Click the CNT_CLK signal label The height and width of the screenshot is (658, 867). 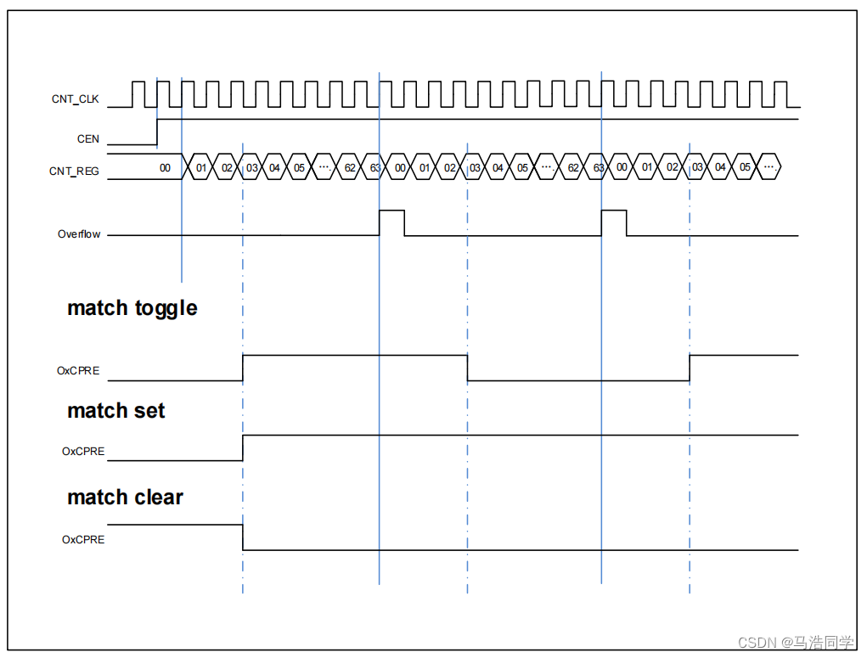pos(75,99)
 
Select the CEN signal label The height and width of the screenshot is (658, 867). pos(87,138)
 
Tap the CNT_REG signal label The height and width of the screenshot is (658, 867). pos(74,171)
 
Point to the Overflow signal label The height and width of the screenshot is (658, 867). pos(79,234)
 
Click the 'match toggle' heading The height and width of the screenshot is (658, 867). pos(132,307)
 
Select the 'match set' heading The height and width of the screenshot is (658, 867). pos(116,411)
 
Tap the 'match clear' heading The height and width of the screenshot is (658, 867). pos(126,498)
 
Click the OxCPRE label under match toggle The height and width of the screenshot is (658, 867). pos(78,370)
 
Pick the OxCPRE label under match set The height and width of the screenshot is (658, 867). pos(83,451)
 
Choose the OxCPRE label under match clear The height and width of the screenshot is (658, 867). pos(83,539)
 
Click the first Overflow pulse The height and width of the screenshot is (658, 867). pos(391,222)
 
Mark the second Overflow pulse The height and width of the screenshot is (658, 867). pos(614,222)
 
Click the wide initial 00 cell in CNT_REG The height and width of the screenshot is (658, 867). pos(166,168)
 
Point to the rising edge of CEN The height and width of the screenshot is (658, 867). pos(157,132)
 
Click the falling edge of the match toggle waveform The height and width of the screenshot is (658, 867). pos(467,368)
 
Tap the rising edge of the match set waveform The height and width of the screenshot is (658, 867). pos(243,447)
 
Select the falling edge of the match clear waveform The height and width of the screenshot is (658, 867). pos(243,537)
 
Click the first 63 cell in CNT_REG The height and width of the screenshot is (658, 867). pos(375,168)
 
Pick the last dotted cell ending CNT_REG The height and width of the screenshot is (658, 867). pos(769,168)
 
